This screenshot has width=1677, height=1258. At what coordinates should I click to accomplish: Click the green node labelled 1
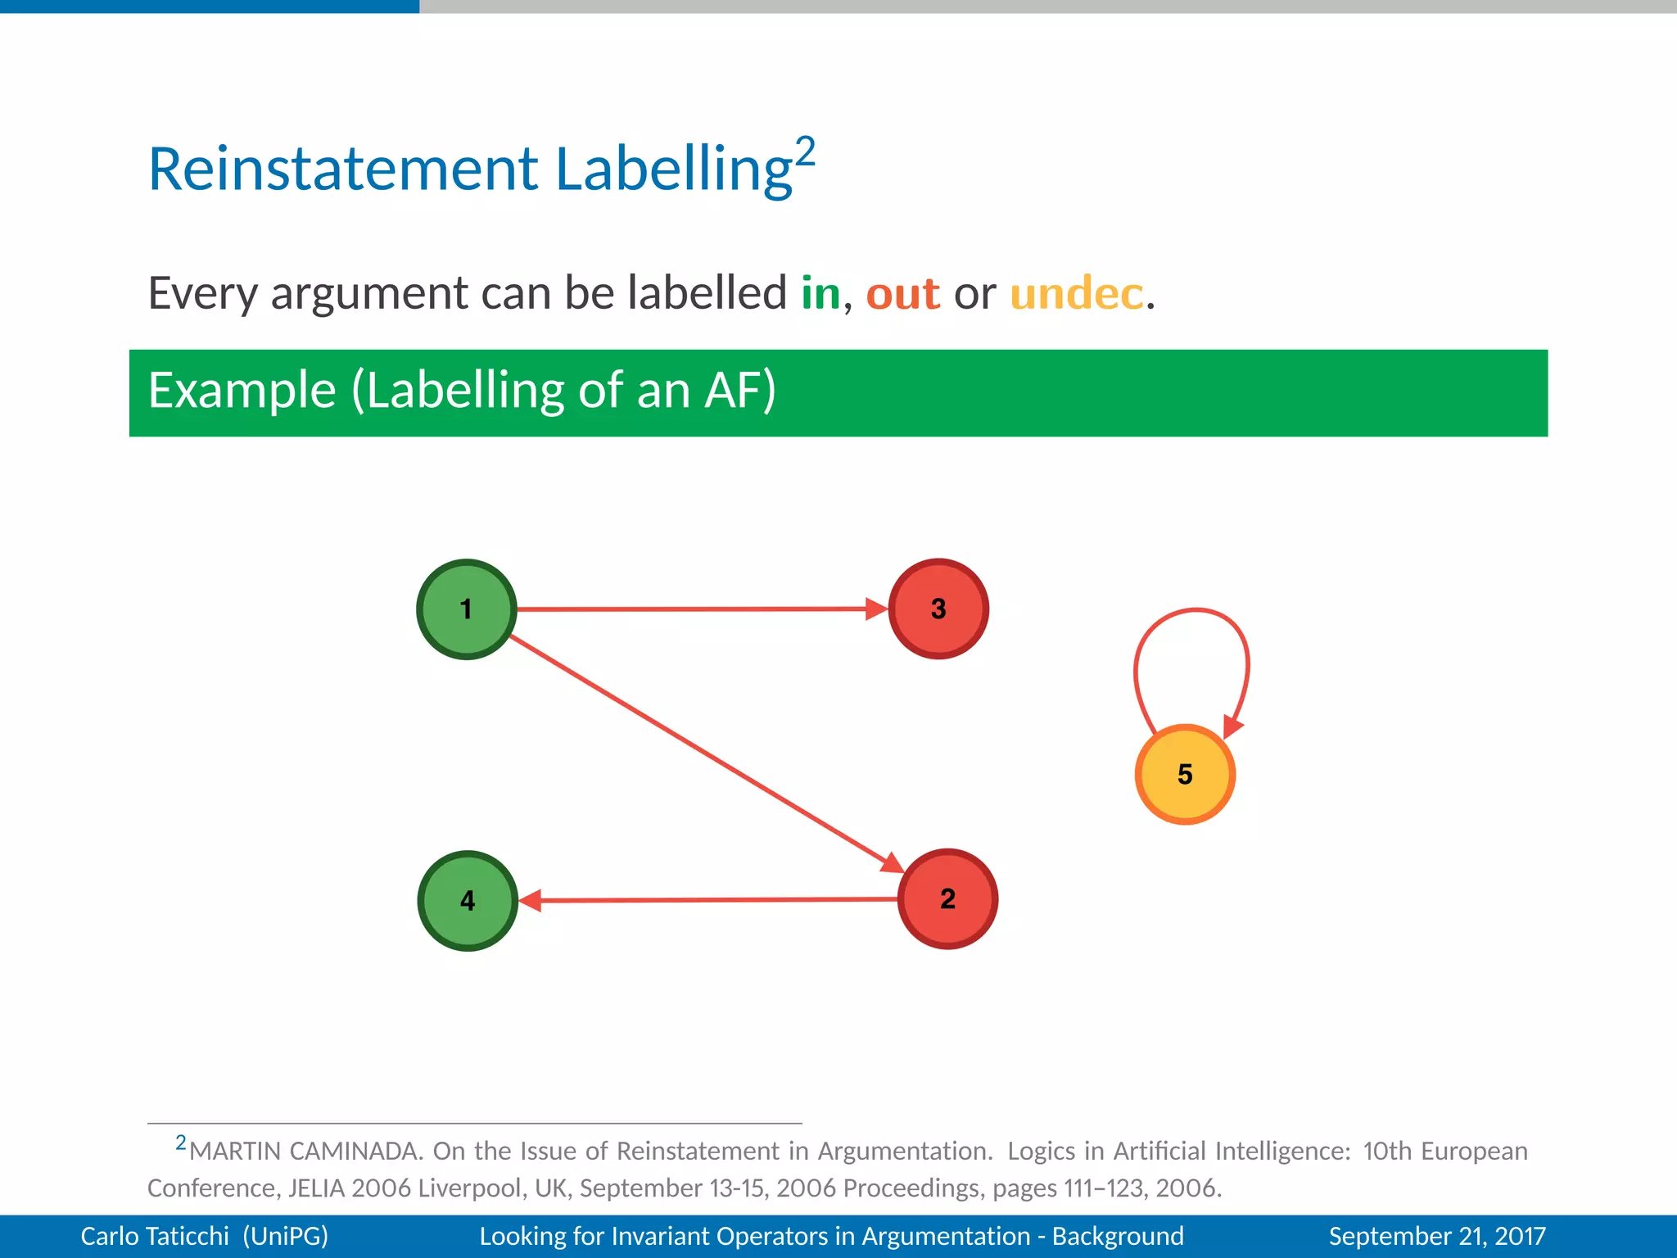[466, 609]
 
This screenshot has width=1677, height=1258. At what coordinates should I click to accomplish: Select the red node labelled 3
[938, 609]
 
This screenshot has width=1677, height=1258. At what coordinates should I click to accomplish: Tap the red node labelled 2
[947, 898]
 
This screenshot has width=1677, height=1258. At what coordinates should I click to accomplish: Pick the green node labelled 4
[468, 900]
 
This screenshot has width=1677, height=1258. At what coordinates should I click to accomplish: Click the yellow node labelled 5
[1185, 774]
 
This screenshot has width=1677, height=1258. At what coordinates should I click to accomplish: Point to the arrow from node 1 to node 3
[696, 609]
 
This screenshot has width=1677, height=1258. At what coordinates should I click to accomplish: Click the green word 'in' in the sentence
[820, 293]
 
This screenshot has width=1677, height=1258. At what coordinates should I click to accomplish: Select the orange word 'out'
[902, 293]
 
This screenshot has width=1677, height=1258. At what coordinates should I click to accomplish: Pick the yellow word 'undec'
[1076, 293]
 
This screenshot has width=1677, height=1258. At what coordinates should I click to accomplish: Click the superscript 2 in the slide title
[805, 152]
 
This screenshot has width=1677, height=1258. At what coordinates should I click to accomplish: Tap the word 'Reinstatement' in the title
[342, 169]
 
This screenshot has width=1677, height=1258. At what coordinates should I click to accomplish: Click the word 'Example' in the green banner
[242, 391]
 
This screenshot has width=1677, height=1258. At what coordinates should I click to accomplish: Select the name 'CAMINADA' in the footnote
[355, 1152]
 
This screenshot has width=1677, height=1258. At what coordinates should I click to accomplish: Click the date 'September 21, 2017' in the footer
[1437, 1236]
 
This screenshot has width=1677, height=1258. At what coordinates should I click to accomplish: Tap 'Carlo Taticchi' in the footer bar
[155, 1236]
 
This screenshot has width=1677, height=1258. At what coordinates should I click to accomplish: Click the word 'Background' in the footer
[1118, 1236]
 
